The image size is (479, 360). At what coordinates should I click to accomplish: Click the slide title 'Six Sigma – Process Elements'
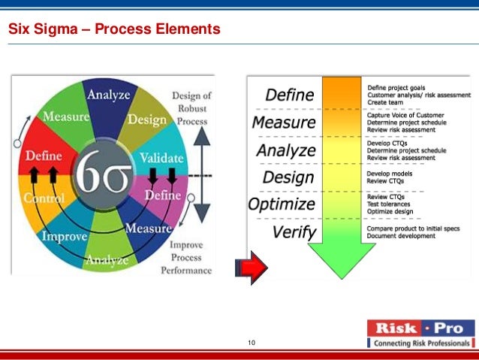click(x=114, y=30)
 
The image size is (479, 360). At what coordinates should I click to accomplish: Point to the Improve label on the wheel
click(x=65, y=235)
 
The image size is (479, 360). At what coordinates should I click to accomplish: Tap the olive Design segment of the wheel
click(x=147, y=119)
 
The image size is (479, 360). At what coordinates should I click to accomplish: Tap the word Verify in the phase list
click(x=294, y=232)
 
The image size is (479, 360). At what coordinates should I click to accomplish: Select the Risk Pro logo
click(x=421, y=334)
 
